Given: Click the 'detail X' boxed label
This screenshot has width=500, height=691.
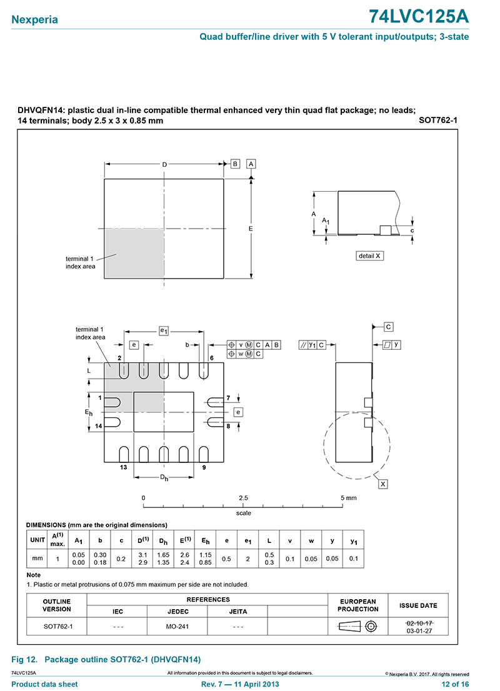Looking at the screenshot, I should (x=369, y=256).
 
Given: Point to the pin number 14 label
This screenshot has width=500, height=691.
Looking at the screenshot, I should (x=99, y=425).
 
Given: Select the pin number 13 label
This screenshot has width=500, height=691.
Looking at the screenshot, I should (x=123, y=467).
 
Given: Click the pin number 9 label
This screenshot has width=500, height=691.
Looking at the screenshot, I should (x=204, y=467).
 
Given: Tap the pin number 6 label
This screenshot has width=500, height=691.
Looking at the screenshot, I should (x=212, y=357).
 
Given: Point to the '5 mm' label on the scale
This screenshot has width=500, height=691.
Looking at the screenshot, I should (x=349, y=498).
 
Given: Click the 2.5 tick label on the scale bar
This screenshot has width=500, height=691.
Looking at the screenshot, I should (x=243, y=498).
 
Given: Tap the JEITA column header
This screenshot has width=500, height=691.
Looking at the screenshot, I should (x=237, y=612).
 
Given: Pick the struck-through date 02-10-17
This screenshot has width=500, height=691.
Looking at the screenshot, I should (x=419, y=623).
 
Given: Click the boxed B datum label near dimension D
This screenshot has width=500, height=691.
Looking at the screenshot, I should (x=236, y=164).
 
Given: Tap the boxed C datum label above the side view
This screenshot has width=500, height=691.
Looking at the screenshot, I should (x=388, y=327).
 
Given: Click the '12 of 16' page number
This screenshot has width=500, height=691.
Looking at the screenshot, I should (x=455, y=684).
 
